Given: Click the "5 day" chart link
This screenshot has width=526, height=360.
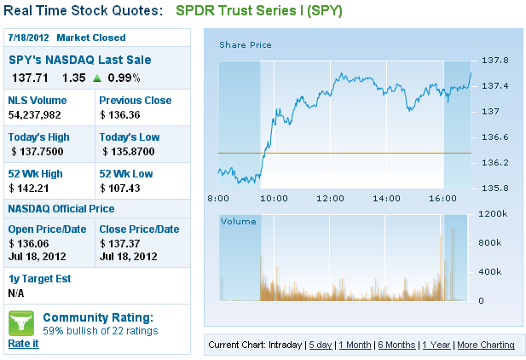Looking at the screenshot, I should pos(321,345).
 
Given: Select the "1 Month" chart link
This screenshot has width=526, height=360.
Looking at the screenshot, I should pos(355,345).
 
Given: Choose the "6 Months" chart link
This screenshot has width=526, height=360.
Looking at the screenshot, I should pos(396,345).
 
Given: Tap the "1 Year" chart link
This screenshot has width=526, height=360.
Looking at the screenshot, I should pos(437,345).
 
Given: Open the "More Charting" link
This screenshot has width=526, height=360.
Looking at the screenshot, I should pos(486,345).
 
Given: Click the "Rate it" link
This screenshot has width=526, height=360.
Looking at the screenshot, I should pos(23,343).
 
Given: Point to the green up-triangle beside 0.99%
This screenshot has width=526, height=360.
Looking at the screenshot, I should pos(97,78).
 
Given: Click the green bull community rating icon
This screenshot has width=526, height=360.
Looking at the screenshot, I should pos(21,322).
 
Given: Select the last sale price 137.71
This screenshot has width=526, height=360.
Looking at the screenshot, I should pos(28,78).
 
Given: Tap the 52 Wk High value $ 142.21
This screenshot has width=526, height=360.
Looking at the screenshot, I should pos(30,188).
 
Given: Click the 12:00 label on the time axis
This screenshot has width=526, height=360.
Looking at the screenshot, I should pos(329,198).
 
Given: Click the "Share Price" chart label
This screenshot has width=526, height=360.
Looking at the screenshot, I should pos(246,44).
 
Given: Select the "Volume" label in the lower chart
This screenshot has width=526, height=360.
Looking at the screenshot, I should pos(238,221).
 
